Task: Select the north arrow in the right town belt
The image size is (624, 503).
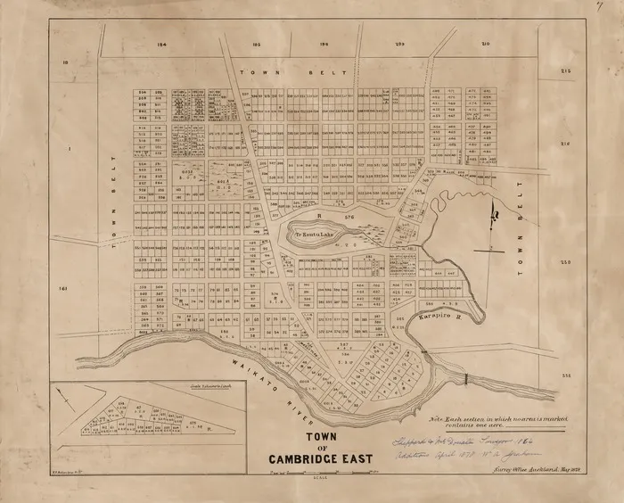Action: [x=492, y=214]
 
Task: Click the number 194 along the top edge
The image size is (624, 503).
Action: [x=161, y=42]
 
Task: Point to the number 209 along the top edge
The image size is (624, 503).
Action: [x=399, y=42]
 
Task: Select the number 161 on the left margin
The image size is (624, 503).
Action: [x=62, y=289]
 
